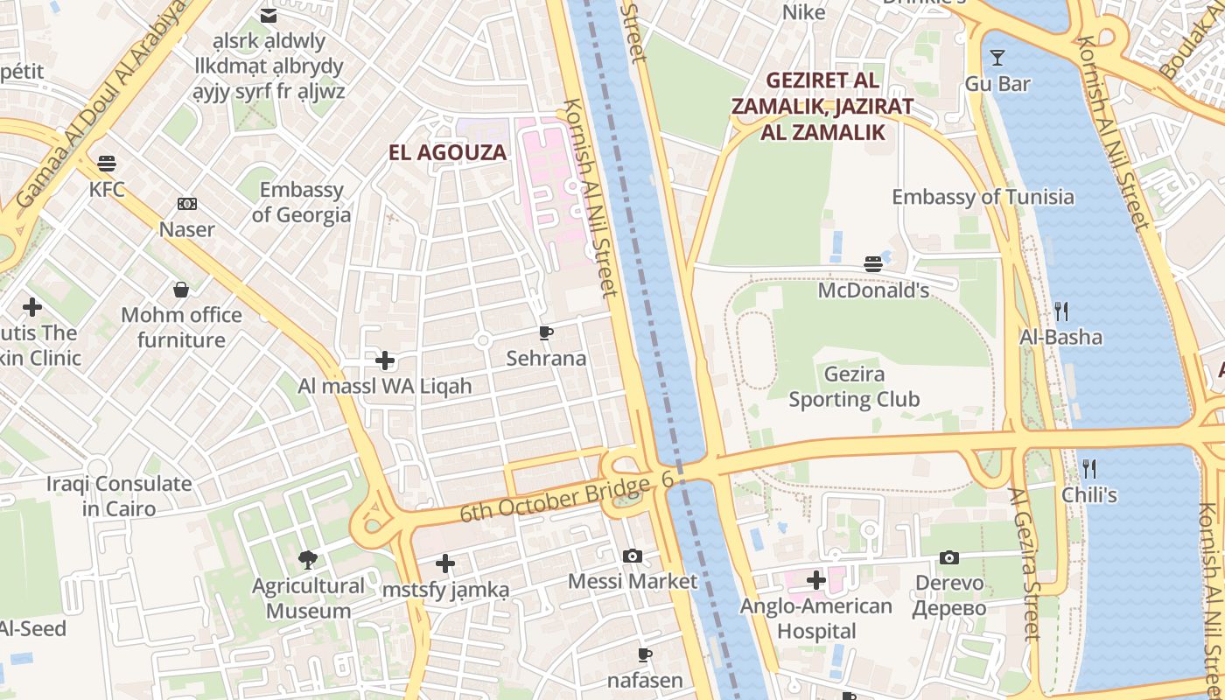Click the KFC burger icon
pos(107,164)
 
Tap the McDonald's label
pos(872,290)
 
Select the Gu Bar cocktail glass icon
pos(997,59)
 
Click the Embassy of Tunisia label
pos(982,197)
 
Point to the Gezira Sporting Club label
pos(854,387)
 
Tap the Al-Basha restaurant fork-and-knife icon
pos(1060,311)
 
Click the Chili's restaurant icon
pos(1088,468)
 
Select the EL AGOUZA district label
pos(447,152)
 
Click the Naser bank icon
pos(186,204)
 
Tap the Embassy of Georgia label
pos(301,202)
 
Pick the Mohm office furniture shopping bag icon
pos(181,289)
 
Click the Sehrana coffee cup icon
pos(546,332)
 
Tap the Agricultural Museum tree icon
pos(307,559)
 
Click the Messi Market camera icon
pos(633,556)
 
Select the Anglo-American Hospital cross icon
pos(816,579)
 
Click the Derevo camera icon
pos(948,557)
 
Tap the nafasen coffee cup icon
pos(644,654)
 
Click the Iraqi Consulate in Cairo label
pos(119,496)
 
